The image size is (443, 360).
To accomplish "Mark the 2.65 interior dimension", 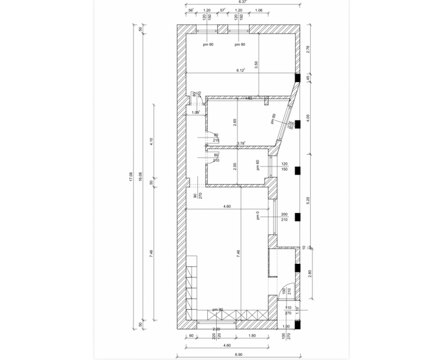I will (x=234, y=123).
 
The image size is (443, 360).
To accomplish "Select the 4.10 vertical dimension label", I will (x=151, y=141).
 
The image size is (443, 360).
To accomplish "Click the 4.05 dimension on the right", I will (x=308, y=117).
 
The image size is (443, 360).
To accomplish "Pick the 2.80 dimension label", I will (x=308, y=273).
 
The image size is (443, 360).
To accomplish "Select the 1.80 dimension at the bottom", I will (x=253, y=335).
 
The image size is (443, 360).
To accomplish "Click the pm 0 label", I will (x=258, y=216).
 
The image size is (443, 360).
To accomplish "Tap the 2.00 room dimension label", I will (x=234, y=166).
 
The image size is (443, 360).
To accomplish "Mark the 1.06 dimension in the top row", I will (x=258, y=11).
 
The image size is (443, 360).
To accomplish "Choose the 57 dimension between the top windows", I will (x=223, y=11).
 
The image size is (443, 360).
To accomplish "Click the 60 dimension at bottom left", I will (x=191, y=335).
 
